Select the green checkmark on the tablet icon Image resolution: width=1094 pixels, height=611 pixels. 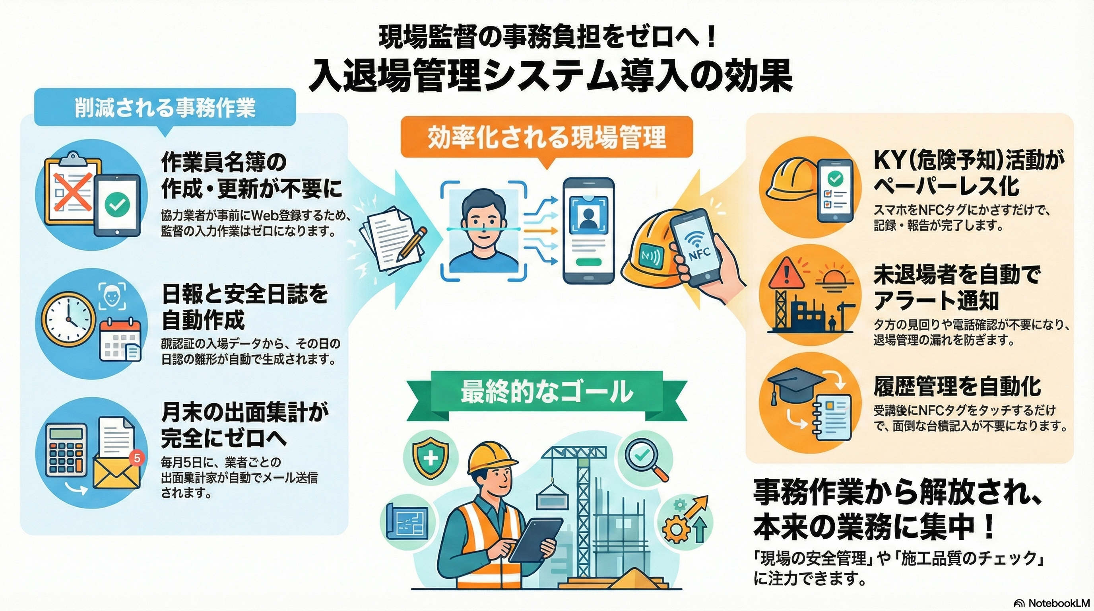(117, 206)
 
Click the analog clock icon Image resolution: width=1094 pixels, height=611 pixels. (69, 319)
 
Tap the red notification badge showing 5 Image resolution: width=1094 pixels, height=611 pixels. (136, 458)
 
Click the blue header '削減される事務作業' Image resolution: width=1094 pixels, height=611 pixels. (165, 107)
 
